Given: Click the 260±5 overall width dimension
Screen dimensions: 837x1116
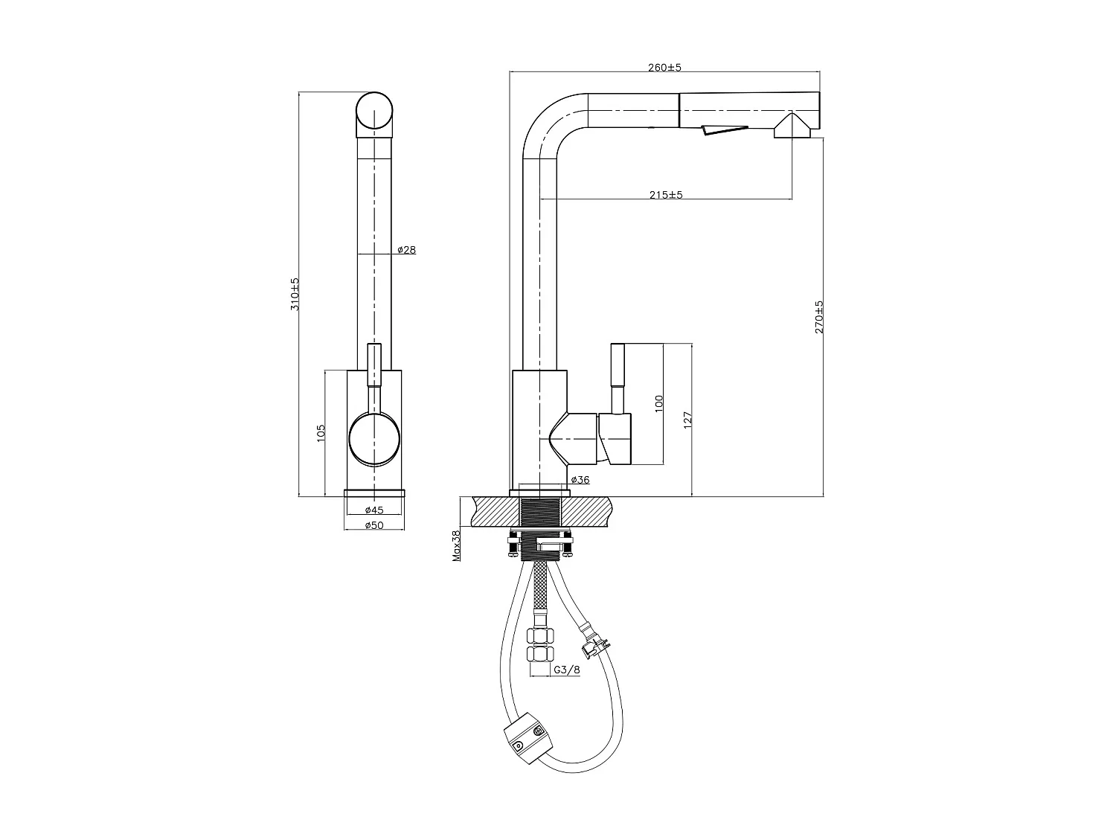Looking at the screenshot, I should pyautogui.click(x=664, y=68).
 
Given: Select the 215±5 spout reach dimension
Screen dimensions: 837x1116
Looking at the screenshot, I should pyautogui.click(x=666, y=195).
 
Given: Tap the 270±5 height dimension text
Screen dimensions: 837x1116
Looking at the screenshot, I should pyautogui.click(x=819, y=316).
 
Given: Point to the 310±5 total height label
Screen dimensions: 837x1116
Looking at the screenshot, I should pyautogui.click(x=295, y=294).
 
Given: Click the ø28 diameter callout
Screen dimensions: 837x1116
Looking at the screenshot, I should pyautogui.click(x=406, y=250).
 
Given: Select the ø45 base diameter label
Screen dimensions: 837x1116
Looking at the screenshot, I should pyautogui.click(x=373, y=510).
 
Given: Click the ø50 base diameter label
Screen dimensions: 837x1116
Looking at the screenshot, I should pyautogui.click(x=373, y=525).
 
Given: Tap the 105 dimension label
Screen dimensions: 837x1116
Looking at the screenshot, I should pyautogui.click(x=321, y=434).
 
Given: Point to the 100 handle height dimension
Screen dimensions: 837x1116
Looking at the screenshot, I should pyautogui.click(x=658, y=404).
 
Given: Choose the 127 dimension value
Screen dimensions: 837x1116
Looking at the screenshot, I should pyautogui.click(x=688, y=419).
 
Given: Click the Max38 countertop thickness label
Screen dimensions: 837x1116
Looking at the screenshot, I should pyautogui.click(x=457, y=545).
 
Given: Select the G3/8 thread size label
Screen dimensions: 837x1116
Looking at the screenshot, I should pyautogui.click(x=567, y=670).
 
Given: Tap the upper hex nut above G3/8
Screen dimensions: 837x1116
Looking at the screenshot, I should pyautogui.click(x=539, y=637).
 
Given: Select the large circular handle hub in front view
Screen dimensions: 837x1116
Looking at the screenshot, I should pyautogui.click(x=374, y=439).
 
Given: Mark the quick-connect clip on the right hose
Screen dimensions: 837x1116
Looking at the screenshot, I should pyautogui.click(x=594, y=641).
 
